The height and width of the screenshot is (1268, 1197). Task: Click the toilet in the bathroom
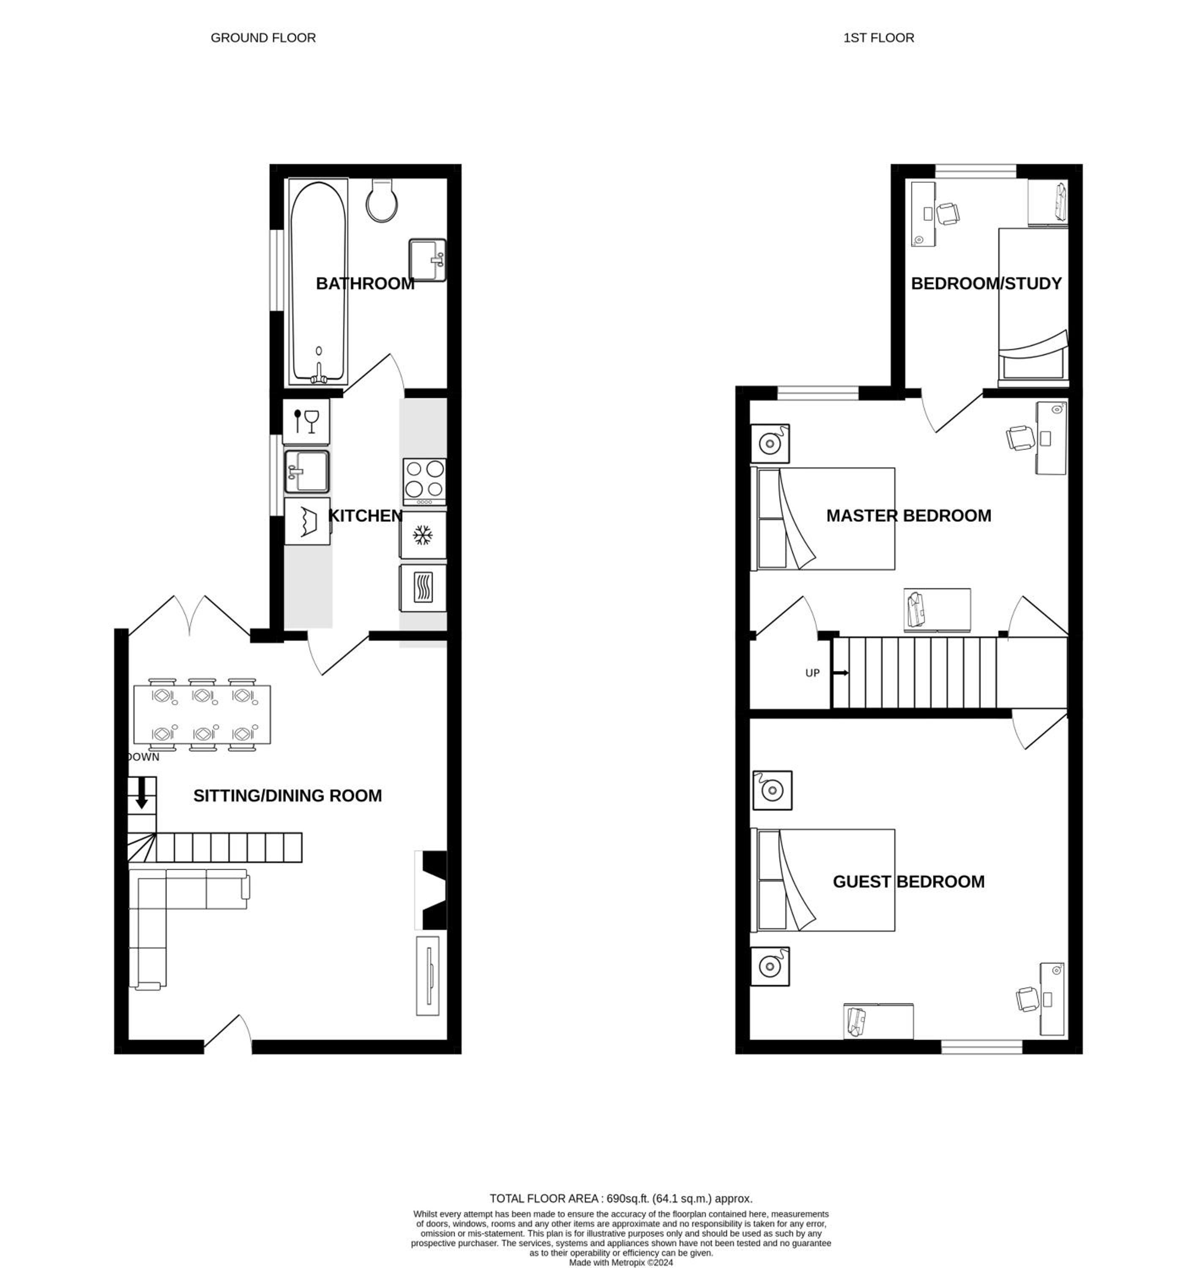coord(382,200)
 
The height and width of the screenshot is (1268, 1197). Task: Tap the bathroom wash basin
coord(427,260)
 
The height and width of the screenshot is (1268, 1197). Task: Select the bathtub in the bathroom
coord(318,281)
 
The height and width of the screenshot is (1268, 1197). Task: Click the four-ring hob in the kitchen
coord(424,482)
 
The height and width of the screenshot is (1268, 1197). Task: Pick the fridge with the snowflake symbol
coord(422,535)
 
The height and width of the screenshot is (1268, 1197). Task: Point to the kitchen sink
coord(307,472)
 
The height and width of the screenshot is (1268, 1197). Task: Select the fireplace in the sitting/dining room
coord(431,890)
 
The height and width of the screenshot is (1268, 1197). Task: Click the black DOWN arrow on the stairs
coord(142,793)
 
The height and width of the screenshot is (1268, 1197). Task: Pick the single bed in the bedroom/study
coord(1033,308)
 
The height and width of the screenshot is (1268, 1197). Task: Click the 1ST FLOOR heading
coord(879,38)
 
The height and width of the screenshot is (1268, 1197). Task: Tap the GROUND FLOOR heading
coord(263,38)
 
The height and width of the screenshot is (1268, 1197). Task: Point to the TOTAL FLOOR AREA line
coord(621,1198)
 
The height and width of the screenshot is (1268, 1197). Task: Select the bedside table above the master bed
coord(770,443)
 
